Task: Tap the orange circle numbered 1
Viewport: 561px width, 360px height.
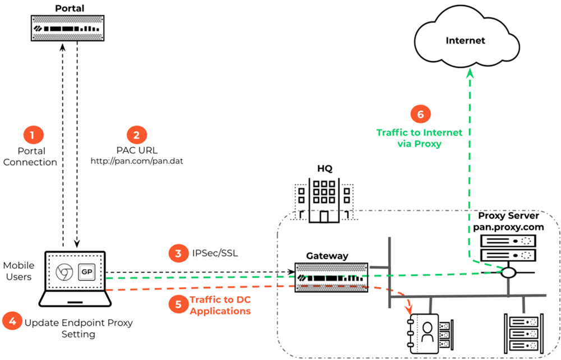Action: coord(32,135)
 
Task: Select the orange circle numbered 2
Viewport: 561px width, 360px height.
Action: coord(136,135)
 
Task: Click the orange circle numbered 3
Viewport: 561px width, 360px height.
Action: coord(178,253)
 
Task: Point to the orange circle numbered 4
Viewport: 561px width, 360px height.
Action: coord(12,322)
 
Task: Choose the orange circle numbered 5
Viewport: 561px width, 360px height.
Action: coord(178,304)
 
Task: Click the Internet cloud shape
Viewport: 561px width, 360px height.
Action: coord(465,40)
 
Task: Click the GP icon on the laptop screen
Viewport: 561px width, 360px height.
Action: coord(86,272)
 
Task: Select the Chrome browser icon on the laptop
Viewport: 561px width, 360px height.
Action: coord(64,272)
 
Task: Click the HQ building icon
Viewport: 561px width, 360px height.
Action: coord(322,201)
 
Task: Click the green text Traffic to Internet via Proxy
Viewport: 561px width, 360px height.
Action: coord(420,137)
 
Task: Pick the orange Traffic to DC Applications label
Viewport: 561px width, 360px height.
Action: coord(220,305)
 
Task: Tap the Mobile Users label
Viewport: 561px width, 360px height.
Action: coord(19,271)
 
